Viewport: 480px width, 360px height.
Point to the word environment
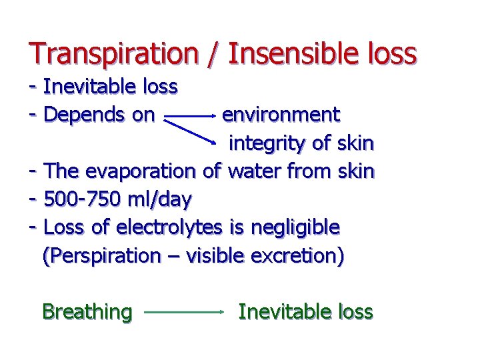click(x=281, y=115)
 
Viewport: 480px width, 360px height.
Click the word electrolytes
click(x=169, y=227)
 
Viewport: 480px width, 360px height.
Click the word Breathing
click(x=87, y=312)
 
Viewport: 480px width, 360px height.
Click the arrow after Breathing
click(x=183, y=311)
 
